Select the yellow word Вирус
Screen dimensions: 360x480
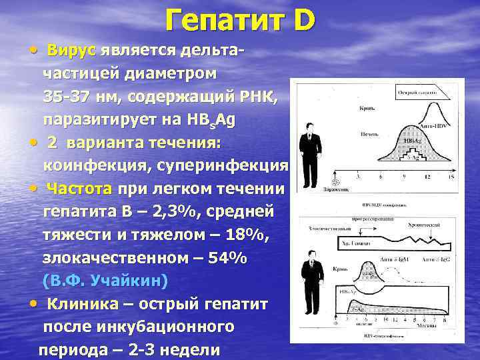(71, 51)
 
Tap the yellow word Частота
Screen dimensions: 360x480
(79, 189)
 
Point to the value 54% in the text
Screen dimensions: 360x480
(221, 258)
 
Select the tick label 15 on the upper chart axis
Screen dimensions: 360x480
(451, 177)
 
